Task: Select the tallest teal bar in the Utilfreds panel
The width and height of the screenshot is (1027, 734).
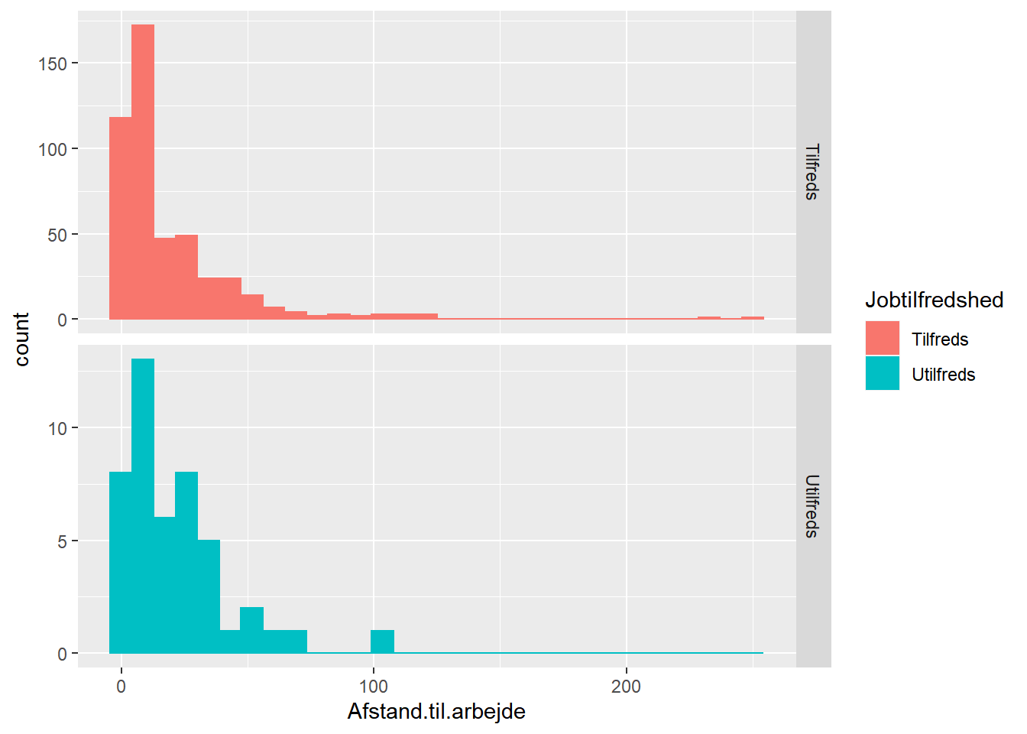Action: tap(143, 505)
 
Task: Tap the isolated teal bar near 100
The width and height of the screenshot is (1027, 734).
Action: tap(383, 641)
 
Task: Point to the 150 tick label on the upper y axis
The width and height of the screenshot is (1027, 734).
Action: tap(53, 63)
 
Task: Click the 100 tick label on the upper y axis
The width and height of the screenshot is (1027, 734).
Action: tap(53, 149)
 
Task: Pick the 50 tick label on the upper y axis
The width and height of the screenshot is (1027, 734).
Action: tap(57, 235)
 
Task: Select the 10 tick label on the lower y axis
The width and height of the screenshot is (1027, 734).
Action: tap(57, 428)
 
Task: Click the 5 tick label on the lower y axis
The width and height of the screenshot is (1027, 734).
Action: tap(62, 541)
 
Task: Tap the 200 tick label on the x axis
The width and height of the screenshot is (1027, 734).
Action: tap(626, 687)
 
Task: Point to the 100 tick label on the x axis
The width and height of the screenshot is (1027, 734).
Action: tap(373, 687)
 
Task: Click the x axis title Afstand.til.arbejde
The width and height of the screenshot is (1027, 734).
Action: tap(436, 712)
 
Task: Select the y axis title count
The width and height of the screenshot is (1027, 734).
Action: tap(21, 339)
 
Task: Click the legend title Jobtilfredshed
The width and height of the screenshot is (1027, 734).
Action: tap(934, 300)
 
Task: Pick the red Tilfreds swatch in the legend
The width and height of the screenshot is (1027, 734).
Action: tap(883, 339)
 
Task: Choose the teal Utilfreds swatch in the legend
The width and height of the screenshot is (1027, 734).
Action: tap(883, 374)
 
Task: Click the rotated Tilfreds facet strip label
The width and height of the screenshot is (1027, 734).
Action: tap(812, 172)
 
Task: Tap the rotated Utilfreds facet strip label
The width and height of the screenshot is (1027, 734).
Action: tap(812, 506)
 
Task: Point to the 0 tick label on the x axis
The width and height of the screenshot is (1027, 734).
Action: tap(121, 687)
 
